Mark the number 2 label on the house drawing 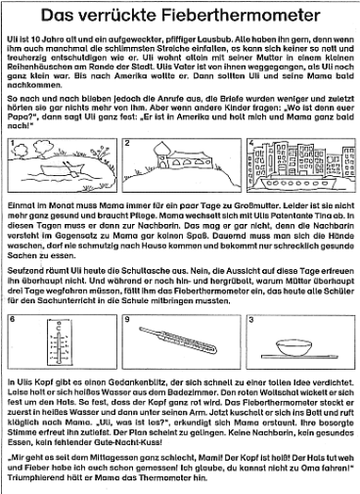coord(129,143)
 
